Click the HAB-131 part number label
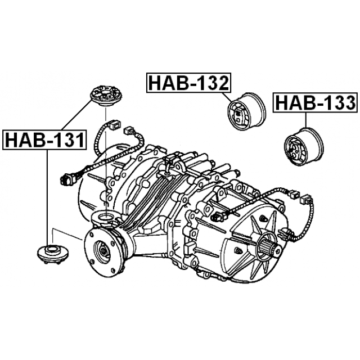click(44, 140)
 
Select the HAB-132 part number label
click(188, 83)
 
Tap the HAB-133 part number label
click(315, 102)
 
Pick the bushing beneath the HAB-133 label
click(304, 146)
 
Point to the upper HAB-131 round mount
click(106, 96)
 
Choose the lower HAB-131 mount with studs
click(53, 254)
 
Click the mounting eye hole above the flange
click(106, 217)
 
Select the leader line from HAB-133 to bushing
click(306, 120)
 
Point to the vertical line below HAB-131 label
click(47, 197)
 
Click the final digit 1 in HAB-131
click(79, 140)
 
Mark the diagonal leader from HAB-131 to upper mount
click(76, 115)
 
